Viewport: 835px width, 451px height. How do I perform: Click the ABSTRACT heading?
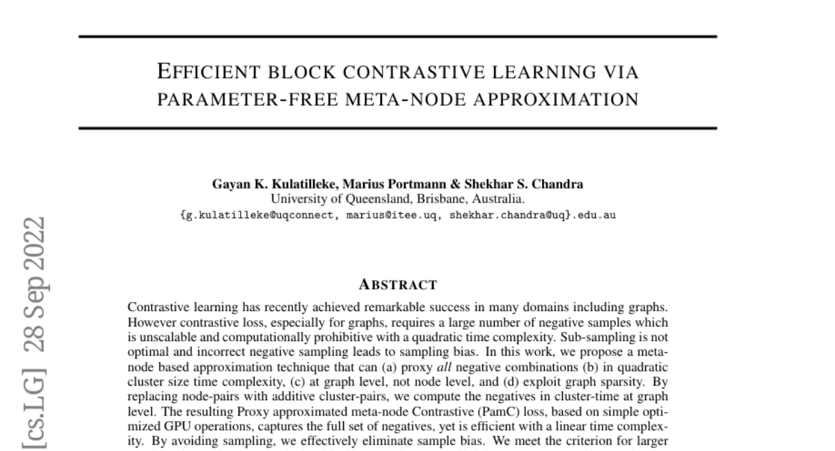pyautogui.click(x=397, y=285)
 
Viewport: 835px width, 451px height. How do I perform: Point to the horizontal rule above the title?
pyautogui.click(x=397, y=36)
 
